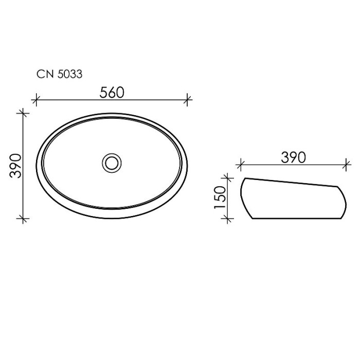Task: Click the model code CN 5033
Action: pyautogui.click(x=59, y=74)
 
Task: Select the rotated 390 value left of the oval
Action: pyautogui.click(x=16, y=165)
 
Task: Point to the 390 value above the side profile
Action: pyautogui.click(x=293, y=157)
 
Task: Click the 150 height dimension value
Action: pyautogui.click(x=220, y=197)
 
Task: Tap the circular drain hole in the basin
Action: pyautogui.click(x=111, y=163)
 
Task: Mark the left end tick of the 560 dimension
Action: pyautogui.click(x=35, y=99)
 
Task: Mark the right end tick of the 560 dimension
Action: pyautogui.click(x=188, y=99)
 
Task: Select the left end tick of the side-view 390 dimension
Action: pyautogui.click(x=239, y=166)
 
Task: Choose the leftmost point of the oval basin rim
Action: pyautogui.click(x=35, y=166)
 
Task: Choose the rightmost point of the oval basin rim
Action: pyautogui.click(x=187, y=166)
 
